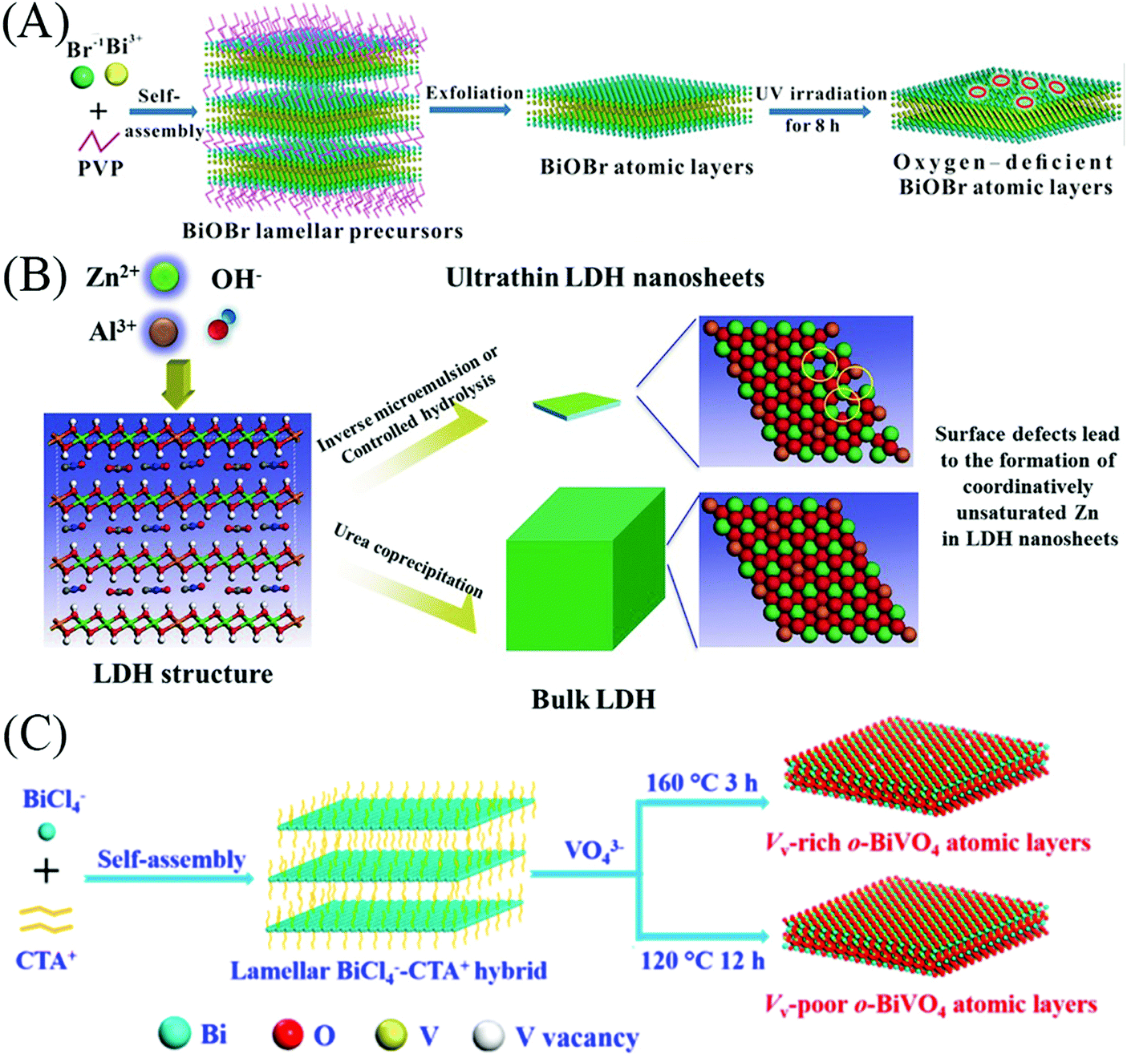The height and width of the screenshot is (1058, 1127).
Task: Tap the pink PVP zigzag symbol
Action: tap(99, 141)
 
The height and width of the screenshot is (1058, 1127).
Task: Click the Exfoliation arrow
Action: tap(470, 109)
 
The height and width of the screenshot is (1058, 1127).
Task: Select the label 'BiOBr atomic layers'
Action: tap(647, 167)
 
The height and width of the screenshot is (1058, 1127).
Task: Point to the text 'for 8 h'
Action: tap(812, 126)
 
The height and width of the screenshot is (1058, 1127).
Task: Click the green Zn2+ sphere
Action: tap(164, 277)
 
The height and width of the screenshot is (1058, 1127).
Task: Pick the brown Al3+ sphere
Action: tap(164, 331)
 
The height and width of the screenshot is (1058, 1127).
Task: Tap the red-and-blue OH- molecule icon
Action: tap(221, 325)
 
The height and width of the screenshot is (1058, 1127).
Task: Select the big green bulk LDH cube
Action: tap(586, 569)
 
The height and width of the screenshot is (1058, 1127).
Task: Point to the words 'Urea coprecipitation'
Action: tap(408, 560)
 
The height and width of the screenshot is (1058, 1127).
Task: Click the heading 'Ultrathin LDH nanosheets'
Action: tap(605, 278)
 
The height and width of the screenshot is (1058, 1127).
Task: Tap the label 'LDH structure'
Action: tap(183, 673)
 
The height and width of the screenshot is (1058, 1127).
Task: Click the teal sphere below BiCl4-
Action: tap(47, 833)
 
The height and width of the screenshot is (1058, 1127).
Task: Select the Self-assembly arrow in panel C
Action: tap(168, 878)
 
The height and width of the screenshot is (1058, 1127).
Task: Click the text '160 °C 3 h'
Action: tap(701, 782)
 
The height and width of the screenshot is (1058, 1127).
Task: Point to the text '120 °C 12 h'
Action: tap(702, 960)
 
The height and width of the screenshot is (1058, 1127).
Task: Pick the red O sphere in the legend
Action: tap(287, 1034)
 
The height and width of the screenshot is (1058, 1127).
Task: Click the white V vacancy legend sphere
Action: tap(489, 1036)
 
